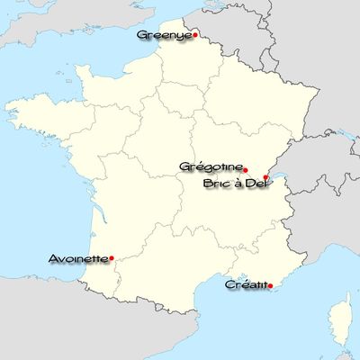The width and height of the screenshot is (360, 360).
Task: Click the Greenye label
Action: [164, 35]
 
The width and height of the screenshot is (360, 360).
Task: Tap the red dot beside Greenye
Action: [195, 36]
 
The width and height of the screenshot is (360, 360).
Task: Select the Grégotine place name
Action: [211, 166]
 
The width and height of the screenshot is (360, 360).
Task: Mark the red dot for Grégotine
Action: [246, 169]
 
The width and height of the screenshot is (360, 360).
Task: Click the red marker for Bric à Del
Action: [265, 178]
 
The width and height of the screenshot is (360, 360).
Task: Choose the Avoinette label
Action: [78, 258]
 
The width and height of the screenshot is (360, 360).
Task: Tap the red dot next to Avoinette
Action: [111, 258]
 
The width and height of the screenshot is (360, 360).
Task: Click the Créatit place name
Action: [246, 284]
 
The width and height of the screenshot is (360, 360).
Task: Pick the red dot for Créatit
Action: [271, 285]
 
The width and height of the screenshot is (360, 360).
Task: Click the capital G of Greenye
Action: [141, 35]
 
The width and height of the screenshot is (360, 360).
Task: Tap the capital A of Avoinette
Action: [51, 258]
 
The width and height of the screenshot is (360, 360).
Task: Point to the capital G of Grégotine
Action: [184, 166]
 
